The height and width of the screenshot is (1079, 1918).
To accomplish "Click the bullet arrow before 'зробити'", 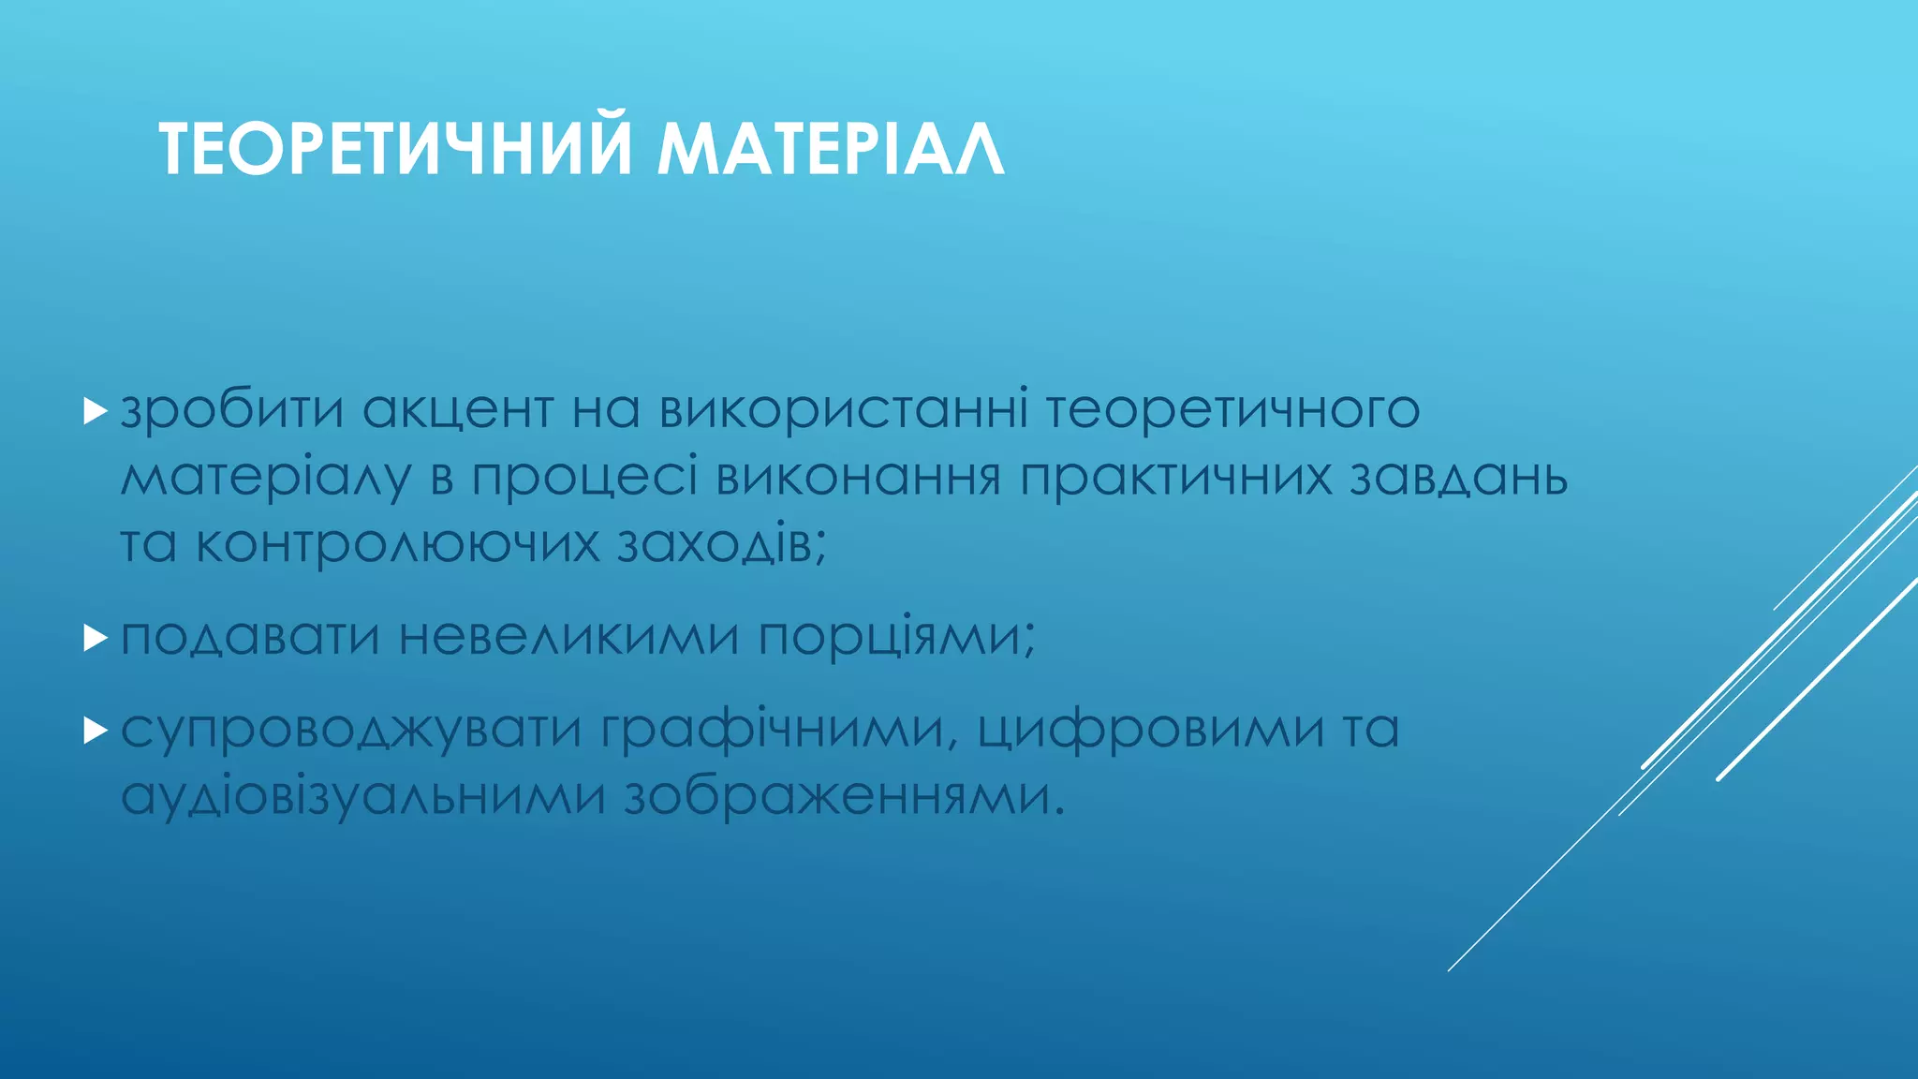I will pos(95,410).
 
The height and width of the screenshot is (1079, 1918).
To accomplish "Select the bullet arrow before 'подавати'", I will pos(95,639).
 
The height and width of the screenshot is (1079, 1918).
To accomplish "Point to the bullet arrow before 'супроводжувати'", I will pos(95,730).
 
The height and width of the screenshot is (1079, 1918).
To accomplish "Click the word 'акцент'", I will pos(458,410).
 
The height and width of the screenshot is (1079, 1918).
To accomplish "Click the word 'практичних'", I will pos(1175,479).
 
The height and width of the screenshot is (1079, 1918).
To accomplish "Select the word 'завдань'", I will pos(1458,477).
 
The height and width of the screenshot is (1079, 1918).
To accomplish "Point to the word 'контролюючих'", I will pos(397,545).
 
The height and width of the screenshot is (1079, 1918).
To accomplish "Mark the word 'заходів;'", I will pos(722,543).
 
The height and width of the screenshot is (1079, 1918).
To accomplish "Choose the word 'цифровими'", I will pos(1151,730).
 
